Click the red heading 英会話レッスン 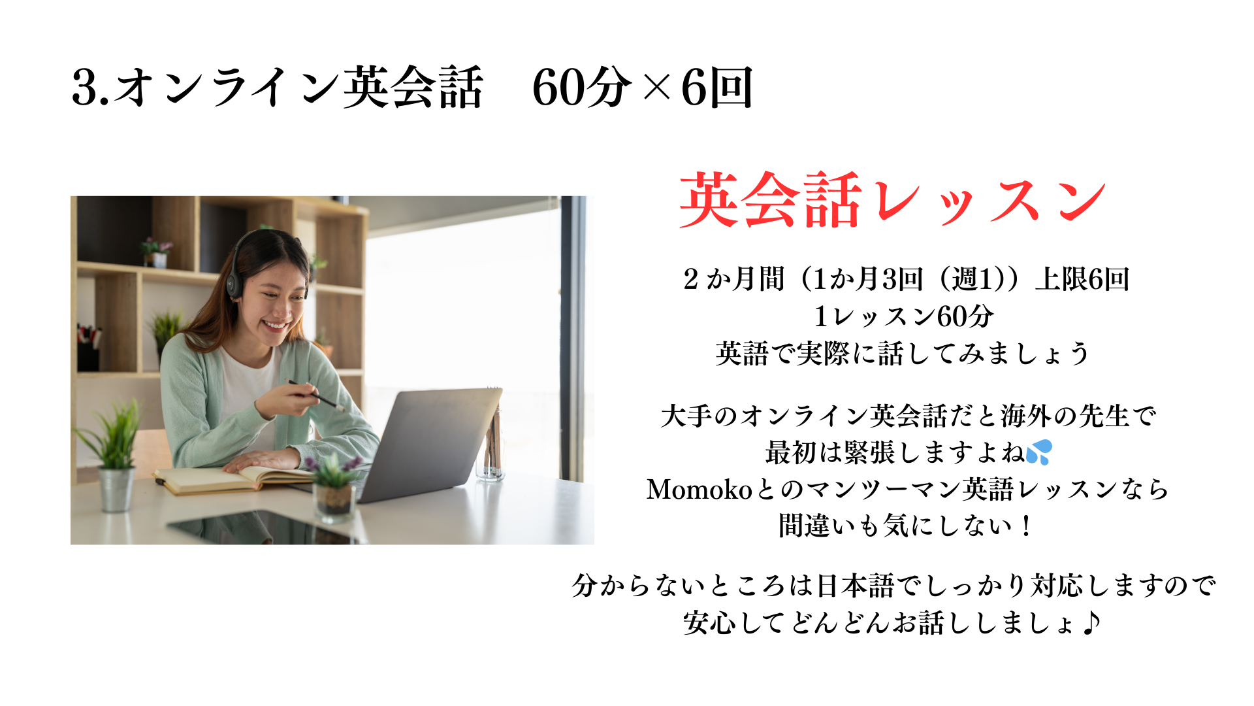coord(892,200)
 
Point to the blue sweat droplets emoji coord(1038,452)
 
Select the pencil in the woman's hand coord(316,395)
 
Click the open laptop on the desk coord(425,445)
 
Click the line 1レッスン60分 coord(904,316)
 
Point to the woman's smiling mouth coord(274,324)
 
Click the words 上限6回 coord(1082,279)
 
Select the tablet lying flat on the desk coord(261,527)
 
